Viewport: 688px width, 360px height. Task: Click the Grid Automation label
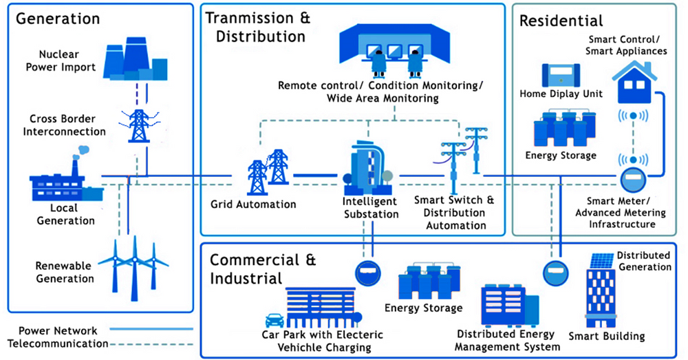(x=253, y=204)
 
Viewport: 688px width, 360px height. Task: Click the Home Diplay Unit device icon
(x=561, y=76)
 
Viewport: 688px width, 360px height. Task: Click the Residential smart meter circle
(x=632, y=181)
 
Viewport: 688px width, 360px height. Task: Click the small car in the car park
(x=275, y=320)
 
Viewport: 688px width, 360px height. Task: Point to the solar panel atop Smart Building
(x=602, y=260)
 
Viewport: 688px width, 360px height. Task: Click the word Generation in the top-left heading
(x=58, y=18)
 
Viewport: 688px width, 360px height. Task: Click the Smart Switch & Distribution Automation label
(x=455, y=213)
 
